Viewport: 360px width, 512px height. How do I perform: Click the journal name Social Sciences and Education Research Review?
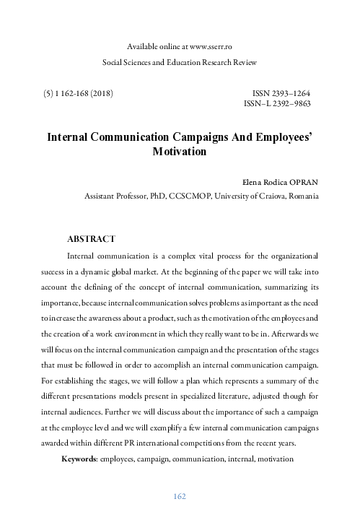(179, 63)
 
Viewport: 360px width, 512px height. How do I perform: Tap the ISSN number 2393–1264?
(288, 94)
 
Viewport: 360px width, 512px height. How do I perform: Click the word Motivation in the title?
(180, 152)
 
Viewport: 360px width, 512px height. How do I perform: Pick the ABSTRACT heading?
(90, 238)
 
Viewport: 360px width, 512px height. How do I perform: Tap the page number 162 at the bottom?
(180, 496)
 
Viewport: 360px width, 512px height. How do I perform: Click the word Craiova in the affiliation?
(253, 196)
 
